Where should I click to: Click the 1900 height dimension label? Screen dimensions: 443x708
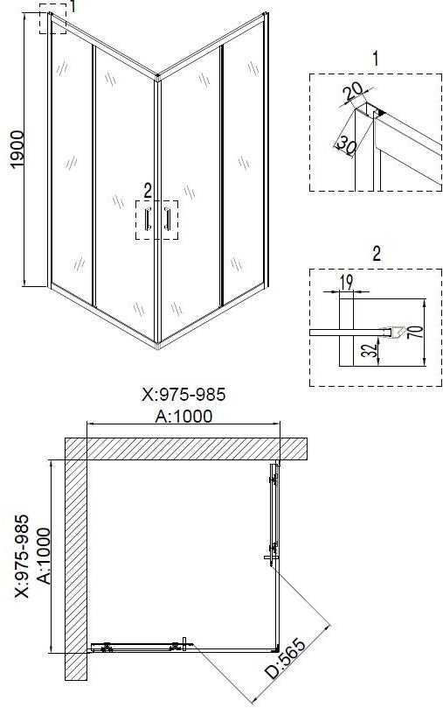click(x=17, y=150)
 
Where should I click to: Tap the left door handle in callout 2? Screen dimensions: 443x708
click(x=147, y=220)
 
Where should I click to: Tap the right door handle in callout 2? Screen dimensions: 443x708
click(x=167, y=220)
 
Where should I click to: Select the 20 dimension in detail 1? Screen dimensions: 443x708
click(x=352, y=92)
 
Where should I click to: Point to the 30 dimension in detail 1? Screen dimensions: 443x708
click(x=347, y=144)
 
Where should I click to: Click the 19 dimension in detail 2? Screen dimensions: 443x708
click(x=346, y=283)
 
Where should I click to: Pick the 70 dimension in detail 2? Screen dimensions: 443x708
click(x=418, y=332)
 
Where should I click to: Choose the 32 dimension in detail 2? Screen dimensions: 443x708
click(x=370, y=350)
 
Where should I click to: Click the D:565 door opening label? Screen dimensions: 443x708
click(x=285, y=658)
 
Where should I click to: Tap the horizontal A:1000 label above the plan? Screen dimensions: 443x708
click(x=183, y=416)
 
